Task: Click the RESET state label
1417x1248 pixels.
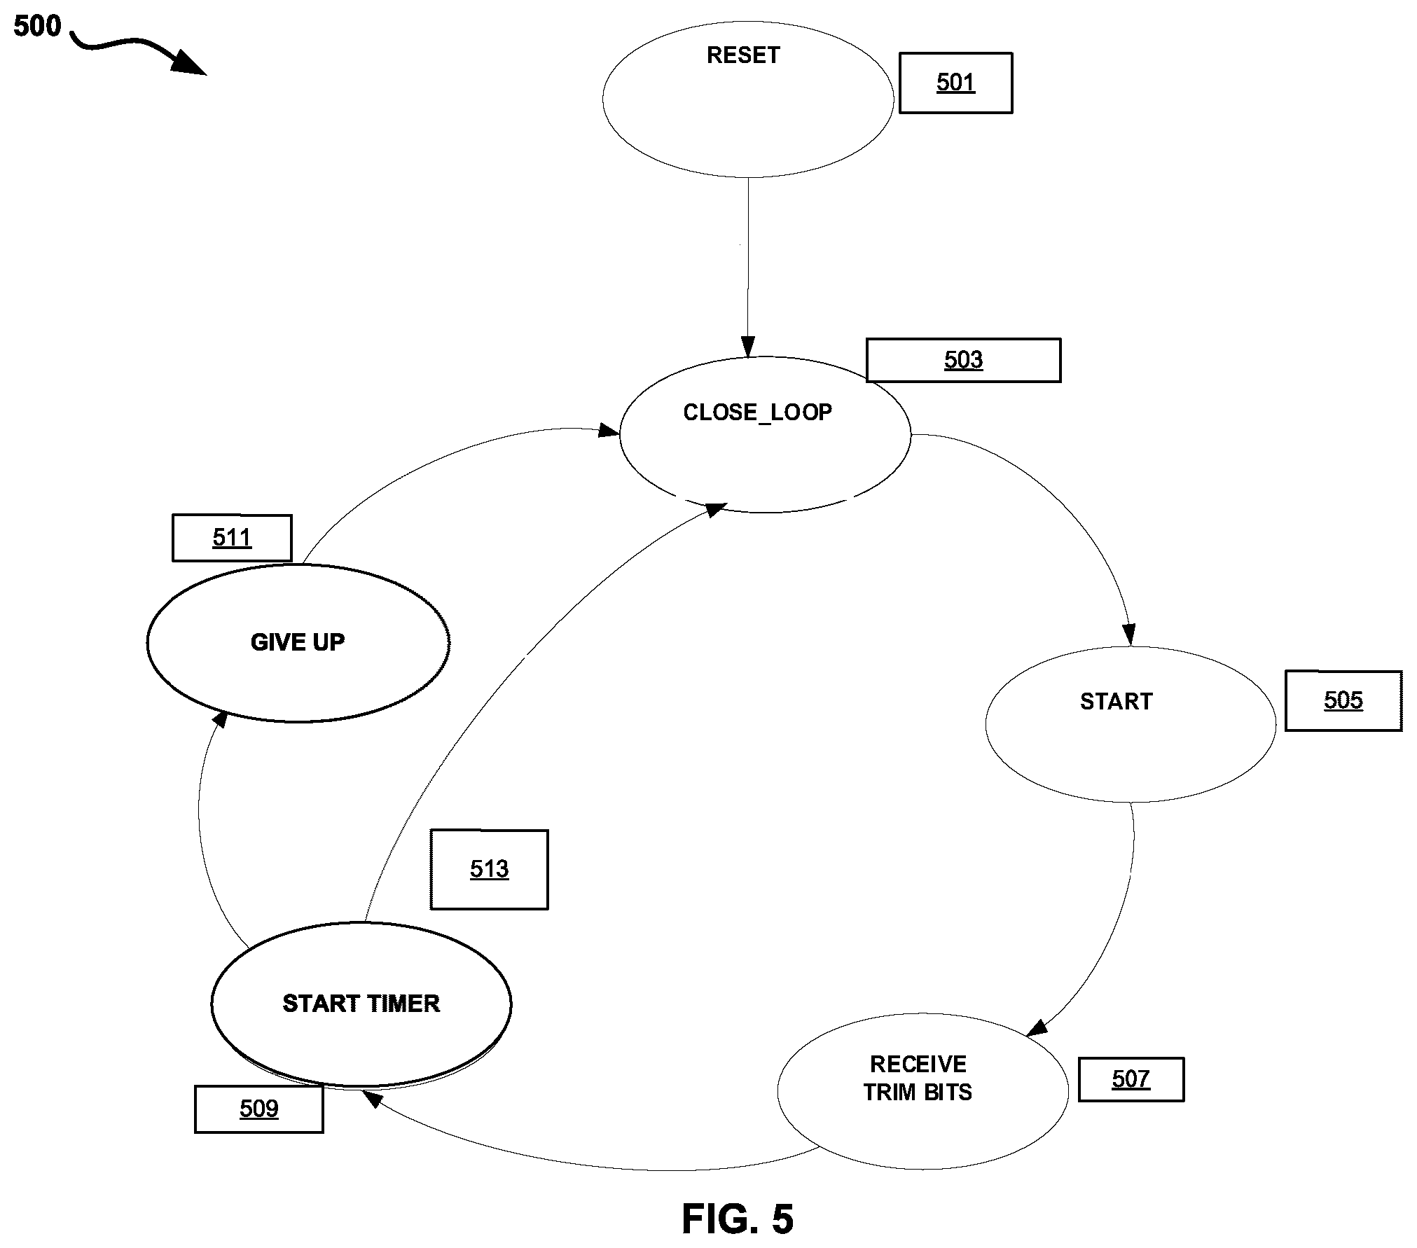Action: (x=743, y=55)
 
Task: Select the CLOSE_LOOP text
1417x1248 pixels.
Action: (x=758, y=412)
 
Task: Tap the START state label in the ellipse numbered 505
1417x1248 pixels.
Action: (x=1117, y=702)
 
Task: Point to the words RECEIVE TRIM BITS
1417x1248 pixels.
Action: (x=918, y=1078)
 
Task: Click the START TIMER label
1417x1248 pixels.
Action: (x=361, y=1004)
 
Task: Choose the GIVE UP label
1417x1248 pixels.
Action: (x=298, y=642)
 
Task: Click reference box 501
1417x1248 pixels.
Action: (x=956, y=83)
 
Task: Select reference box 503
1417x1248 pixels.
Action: (x=964, y=360)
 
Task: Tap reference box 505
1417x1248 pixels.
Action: (x=1343, y=700)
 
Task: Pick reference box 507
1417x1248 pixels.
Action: (x=1131, y=1079)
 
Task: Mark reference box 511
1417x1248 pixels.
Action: (x=232, y=538)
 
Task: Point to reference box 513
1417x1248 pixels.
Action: (x=490, y=869)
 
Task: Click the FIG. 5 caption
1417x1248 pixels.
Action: (x=738, y=1219)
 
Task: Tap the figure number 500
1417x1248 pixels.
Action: (x=37, y=27)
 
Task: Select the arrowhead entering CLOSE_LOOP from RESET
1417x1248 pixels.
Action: (x=748, y=347)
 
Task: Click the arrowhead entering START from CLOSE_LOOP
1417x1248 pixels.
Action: (x=1128, y=635)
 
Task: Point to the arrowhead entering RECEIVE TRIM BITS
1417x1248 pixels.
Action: (x=1037, y=1027)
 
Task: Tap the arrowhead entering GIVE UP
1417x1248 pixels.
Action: (x=220, y=719)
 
